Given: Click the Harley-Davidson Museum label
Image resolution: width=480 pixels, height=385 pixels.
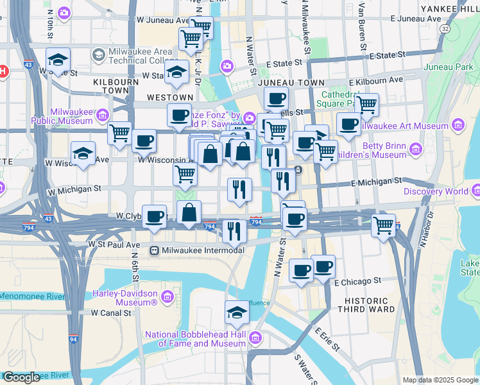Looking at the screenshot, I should coord(122,297).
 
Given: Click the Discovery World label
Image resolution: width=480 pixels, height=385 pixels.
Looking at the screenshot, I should coord(436,191).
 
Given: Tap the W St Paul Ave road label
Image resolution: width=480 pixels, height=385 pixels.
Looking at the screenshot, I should coord(114,244).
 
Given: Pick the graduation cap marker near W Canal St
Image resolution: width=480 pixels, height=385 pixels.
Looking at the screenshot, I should coord(237,312).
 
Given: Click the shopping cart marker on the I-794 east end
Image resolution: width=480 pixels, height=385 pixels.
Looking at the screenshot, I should coord(383,225).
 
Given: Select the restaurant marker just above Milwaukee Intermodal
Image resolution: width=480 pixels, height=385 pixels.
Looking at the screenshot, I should coord(234,229).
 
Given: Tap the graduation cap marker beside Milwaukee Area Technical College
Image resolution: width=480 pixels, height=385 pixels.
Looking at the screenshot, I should coord(58,60).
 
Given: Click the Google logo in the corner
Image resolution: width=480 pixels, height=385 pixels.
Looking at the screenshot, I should coord(21,377).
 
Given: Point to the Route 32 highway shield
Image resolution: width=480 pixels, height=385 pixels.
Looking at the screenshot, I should coord(445,29).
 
